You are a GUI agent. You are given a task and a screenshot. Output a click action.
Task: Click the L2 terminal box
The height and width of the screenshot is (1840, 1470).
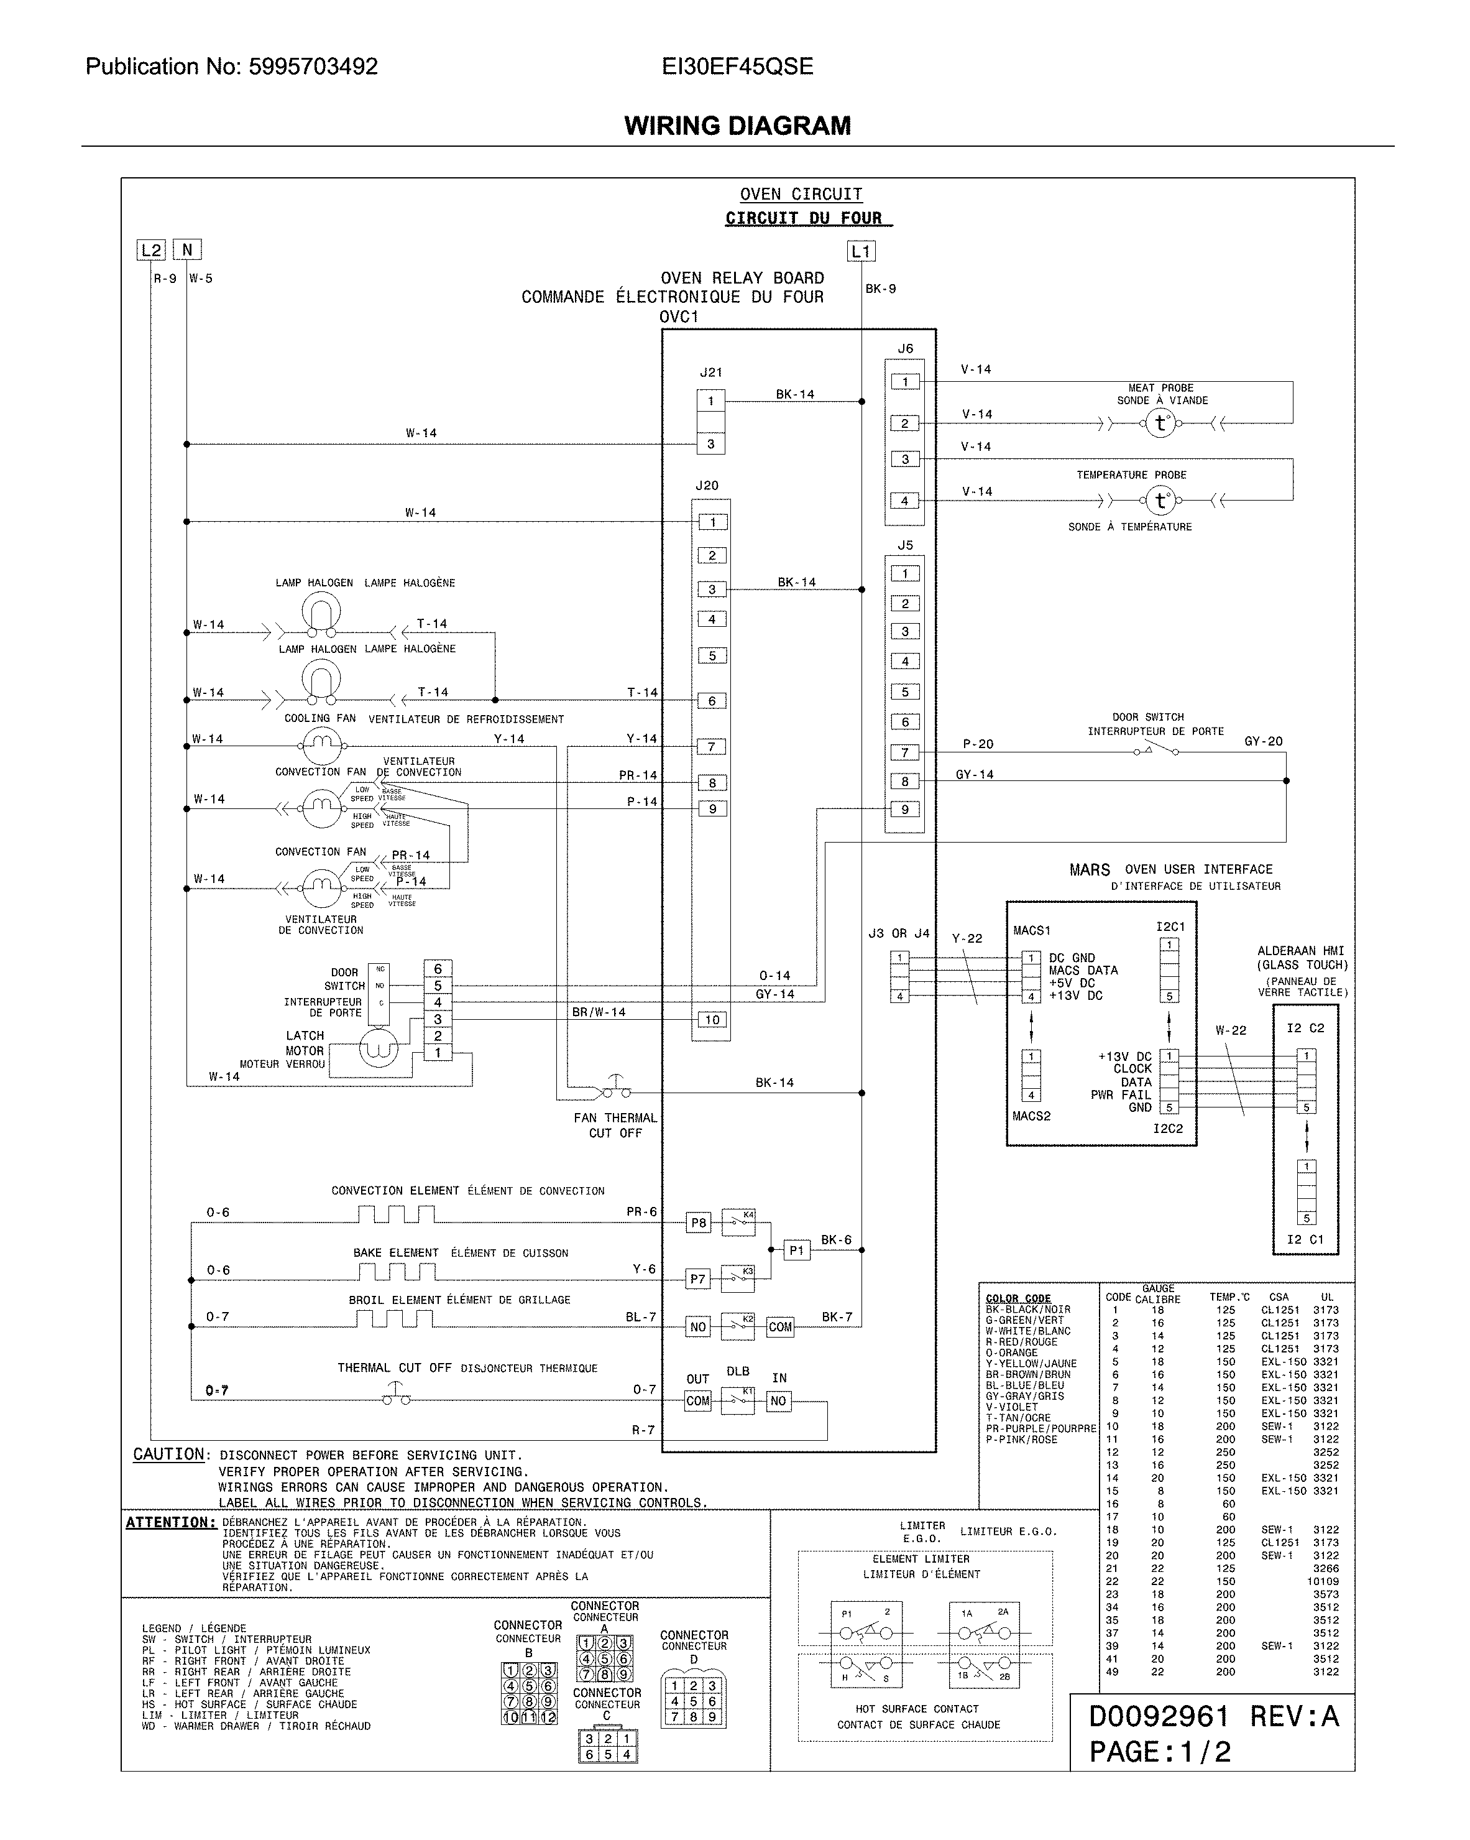coord(150,250)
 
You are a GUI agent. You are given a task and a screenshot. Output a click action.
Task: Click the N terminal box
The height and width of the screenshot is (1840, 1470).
coord(188,249)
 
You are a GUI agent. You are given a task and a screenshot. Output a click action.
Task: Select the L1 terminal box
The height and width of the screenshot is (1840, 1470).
coord(861,251)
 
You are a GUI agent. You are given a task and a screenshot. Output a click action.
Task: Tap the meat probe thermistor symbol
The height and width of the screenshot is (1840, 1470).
coord(1159,422)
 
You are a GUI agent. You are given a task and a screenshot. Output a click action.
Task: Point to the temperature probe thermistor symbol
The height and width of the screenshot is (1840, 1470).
coord(1159,501)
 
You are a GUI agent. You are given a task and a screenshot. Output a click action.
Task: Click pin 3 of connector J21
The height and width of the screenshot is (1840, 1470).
coord(710,444)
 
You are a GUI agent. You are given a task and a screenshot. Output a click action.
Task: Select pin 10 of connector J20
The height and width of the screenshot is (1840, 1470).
coord(712,1019)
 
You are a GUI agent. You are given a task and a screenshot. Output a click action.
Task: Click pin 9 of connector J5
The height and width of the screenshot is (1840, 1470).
coord(905,809)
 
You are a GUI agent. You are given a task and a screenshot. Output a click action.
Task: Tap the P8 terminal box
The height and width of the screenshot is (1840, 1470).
coord(699,1222)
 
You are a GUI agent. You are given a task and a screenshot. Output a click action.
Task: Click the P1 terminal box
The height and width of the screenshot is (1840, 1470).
coord(796,1251)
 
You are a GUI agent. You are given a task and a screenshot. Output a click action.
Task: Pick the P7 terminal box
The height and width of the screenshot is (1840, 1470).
coord(698,1278)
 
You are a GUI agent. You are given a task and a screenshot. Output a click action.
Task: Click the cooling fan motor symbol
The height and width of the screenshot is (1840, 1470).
coord(321,746)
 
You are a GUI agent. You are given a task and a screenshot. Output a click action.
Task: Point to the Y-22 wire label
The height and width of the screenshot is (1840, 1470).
coord(967,938)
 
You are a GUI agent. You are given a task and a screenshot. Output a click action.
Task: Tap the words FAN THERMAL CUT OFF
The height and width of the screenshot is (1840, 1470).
coord(615,1125)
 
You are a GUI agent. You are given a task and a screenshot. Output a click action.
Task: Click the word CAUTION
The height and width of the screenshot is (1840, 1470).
coord(169,1454)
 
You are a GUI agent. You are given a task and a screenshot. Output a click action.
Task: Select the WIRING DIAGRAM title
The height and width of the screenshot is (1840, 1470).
coord(737,126)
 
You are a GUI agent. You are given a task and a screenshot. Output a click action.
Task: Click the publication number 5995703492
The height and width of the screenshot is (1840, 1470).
coord(313,67)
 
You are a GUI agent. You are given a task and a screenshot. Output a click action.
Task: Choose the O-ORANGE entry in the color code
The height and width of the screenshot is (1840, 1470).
coord(1012,1352)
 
